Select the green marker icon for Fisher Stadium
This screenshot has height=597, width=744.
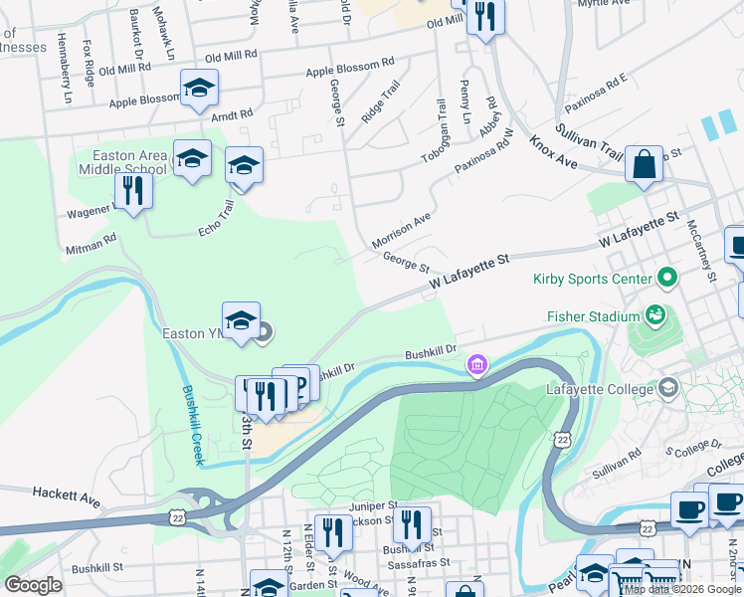654,316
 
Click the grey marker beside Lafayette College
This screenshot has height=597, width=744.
668,388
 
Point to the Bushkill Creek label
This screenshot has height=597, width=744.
192,426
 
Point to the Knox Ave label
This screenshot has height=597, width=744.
553,152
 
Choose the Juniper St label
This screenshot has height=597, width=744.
373,505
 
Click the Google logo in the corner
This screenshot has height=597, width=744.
33,585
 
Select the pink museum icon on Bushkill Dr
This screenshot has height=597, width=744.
478,366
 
